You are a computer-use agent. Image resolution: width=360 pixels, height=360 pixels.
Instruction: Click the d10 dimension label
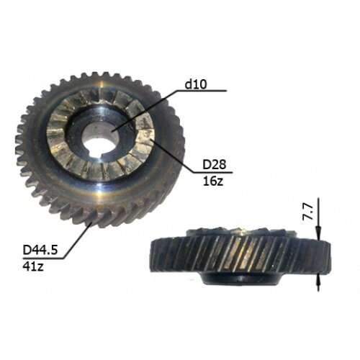click(196, 84)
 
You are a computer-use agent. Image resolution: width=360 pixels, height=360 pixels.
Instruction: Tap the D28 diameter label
click(215, 165)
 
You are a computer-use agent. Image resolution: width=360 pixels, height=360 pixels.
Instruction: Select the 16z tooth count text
click(213, 181)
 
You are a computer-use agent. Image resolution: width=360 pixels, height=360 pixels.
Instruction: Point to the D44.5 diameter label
click(40, 251)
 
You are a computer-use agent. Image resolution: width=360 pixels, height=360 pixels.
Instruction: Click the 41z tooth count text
click(33, 266)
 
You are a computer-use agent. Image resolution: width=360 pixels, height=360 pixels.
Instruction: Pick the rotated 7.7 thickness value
click(307, 212)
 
